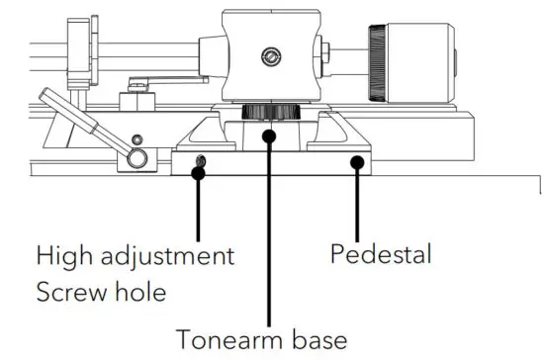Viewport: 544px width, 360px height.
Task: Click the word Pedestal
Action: pyautogui.click(x=380, y=254)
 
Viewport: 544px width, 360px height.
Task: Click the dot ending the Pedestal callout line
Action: pyautogui.click(x=357, y=162)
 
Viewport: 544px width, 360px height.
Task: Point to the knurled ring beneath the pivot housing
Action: pyautogui.click(x=268, y=110)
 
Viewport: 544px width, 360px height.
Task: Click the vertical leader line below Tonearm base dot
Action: pyautogui.click(x=268, y=227)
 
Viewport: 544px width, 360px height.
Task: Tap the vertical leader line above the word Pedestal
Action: pyautogui.click(x=357, y=203)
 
